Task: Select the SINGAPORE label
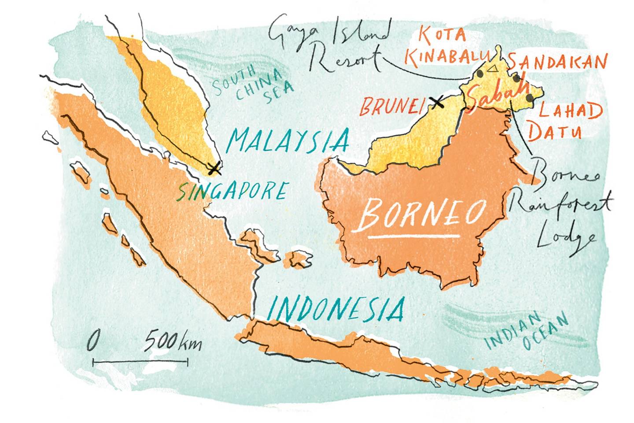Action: (x=233, y=191)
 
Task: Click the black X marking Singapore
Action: (x=214, y=167)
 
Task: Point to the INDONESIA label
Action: (x=336, y=308)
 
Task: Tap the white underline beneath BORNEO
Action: (x=414, y=237)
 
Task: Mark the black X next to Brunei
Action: (x=436, y=103)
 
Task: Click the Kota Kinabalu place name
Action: (x=445, y=46)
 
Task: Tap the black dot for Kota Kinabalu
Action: (x=480, y=74)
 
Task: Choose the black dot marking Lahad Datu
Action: (x=529, y=97)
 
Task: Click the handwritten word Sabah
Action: (x=497, y=96)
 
